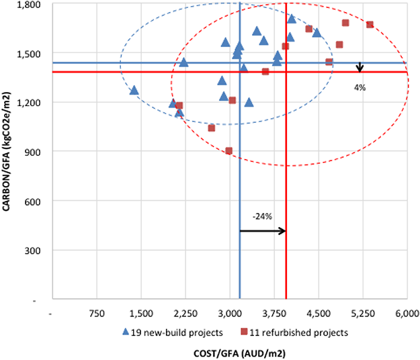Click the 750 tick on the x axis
coord(97,312)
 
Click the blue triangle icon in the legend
coord(127,331)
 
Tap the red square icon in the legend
coord(245,332)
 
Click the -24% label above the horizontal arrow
coord(262,216)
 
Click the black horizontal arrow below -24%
coord(263,231)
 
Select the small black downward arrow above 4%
coord(360,67)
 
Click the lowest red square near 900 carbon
coord(229,151)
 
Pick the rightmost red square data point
coord(370,25)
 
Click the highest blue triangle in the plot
coord(291,19)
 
